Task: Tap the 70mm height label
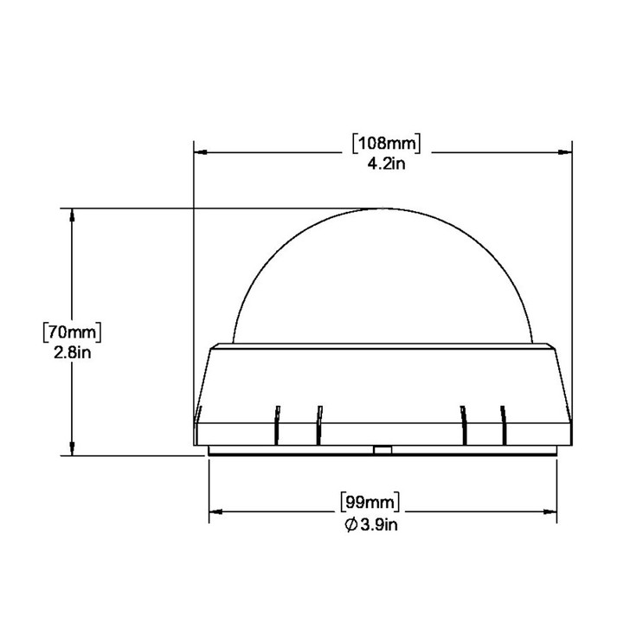point(73,331)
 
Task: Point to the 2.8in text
point(73,351)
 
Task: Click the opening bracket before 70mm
point(45,331)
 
